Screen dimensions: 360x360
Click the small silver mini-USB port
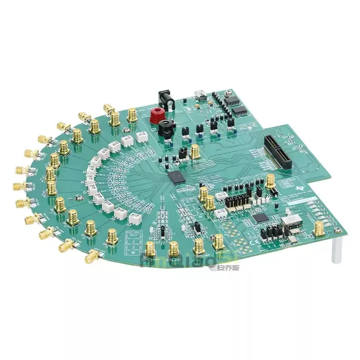pyautogui.click(x=198, y=95)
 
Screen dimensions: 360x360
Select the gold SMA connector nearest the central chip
pyautogui.click(x=196, y=151)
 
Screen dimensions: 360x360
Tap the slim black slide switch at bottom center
pyautogui.click(x=163, y=232)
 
